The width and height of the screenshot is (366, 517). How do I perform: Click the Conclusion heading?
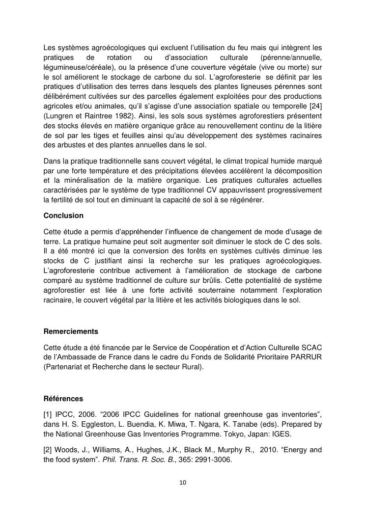(63, 216)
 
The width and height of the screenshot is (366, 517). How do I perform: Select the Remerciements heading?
(71, 331)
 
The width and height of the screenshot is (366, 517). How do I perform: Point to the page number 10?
(183, 483)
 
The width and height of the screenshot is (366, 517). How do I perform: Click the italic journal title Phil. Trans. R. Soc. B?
(128, 462)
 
